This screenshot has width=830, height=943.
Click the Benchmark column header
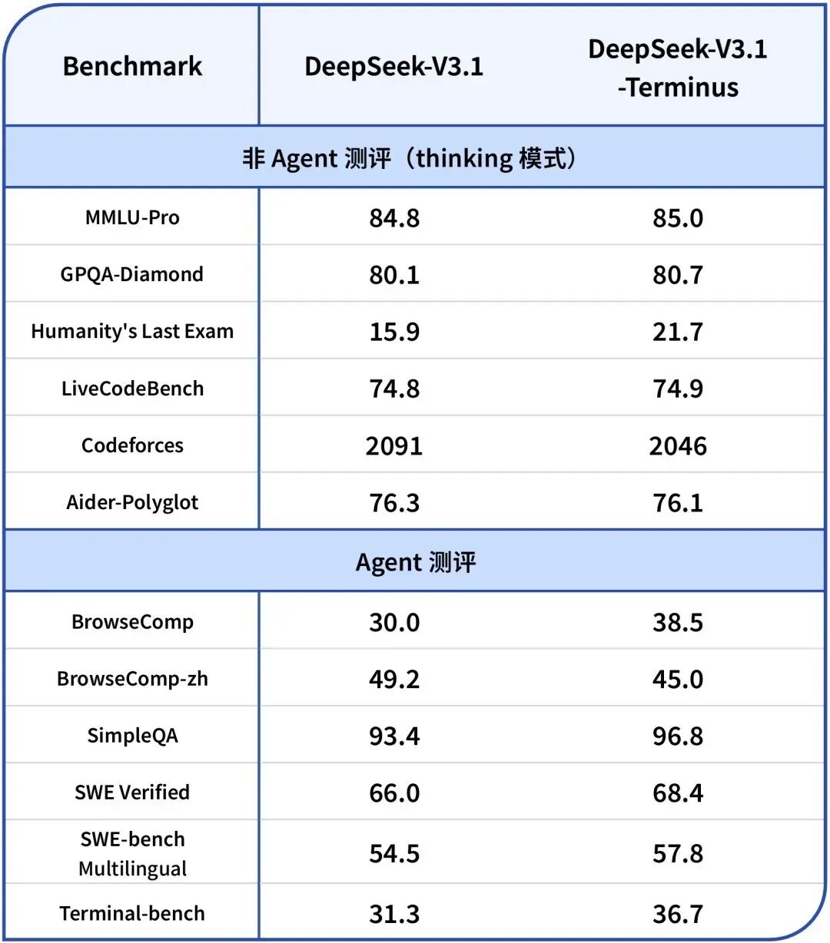click(x=132, y=67)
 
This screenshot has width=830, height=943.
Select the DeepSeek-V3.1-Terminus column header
click(x=677, y=68)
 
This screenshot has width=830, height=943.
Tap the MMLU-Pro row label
click(x=132, y=218)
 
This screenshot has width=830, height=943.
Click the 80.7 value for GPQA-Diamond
click(x=678, y=275)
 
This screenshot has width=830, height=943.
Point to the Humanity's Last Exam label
click(x=132, y=332)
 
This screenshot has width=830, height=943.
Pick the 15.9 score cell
click(x=394, y=332)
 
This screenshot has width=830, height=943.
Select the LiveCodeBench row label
click(x=132, y=389)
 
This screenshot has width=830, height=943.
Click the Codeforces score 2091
click(x=394, y=446)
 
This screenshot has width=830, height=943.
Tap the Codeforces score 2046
click(x=678, y=446)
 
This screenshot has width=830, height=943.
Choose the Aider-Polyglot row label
click(x=132, y=503)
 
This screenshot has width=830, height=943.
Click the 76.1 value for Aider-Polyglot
click(x=678, y=503)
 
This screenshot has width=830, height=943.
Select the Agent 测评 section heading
click(x=416, y=562)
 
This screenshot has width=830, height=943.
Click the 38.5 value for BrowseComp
click(x=678, y=623)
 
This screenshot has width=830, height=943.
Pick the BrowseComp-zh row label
click(x=132, y=680)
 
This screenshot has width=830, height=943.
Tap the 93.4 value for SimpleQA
click(x=394, y=736)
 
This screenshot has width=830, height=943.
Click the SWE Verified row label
click(x=132, y=793)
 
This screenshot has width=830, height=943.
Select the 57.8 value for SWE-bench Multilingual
click(x=678, y=854)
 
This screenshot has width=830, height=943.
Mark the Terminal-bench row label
click(x=132, y=914)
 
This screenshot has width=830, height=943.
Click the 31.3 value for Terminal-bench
click(x=394, y=914)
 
